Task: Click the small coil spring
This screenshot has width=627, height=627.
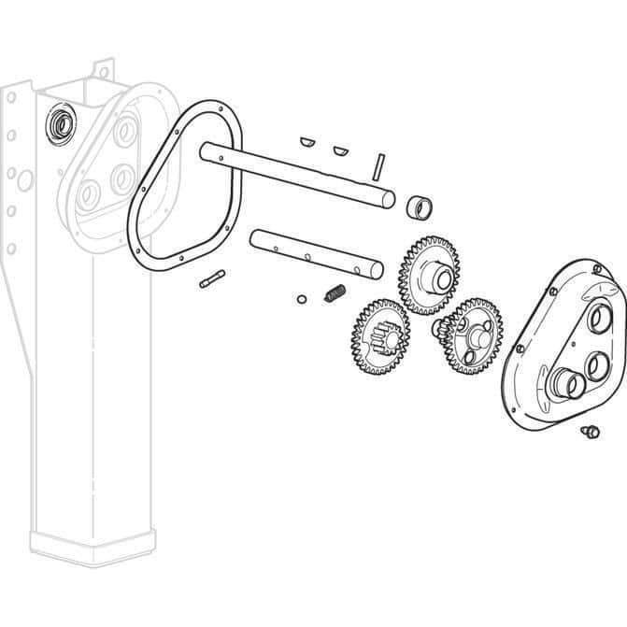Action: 335,293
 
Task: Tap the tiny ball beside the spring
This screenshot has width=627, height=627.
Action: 301,299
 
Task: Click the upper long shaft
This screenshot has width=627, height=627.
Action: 299,172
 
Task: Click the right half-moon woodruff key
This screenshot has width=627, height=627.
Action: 340,149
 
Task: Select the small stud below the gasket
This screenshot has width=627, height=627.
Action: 212,278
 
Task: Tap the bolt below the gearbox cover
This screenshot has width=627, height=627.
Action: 589,431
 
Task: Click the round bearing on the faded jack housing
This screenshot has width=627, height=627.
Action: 61,121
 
